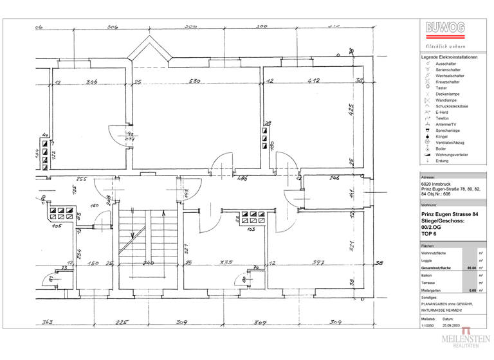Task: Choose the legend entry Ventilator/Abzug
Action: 450,142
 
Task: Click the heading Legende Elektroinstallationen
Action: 449,58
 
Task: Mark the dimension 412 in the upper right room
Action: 313,82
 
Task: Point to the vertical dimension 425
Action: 351,109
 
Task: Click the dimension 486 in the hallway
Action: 242,178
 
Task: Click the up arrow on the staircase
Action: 165,213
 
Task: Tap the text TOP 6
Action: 428,235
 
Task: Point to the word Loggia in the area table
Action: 427,260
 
